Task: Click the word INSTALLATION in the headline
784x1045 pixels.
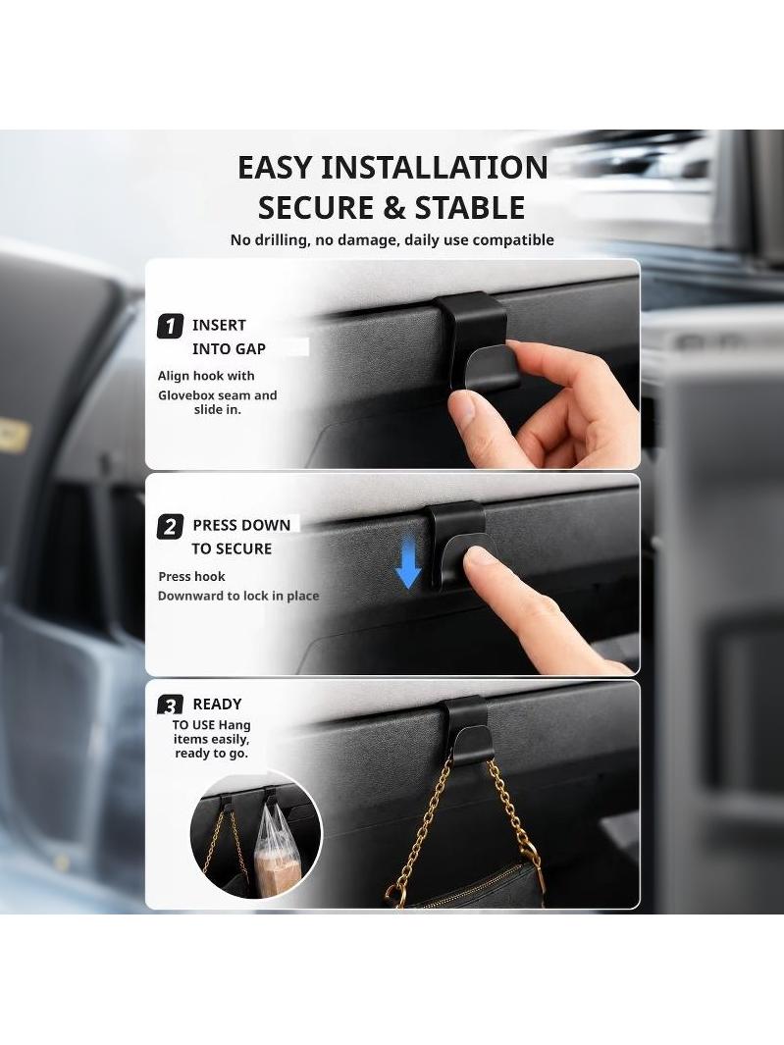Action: coord(435,167)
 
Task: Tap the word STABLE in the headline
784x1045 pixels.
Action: coord(470,208)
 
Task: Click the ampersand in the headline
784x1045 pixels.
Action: coord(394,208)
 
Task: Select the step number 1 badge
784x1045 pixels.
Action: coord(170,327)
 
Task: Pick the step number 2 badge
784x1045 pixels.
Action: coord(170,527)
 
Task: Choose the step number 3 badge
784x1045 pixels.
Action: coord(170,705)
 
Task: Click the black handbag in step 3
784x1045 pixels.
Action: coord(467,886)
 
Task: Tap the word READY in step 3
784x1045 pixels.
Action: coord(217,705)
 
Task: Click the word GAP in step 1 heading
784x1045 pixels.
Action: coord(250,349)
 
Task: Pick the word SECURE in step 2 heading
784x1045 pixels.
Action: coord(242,549)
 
